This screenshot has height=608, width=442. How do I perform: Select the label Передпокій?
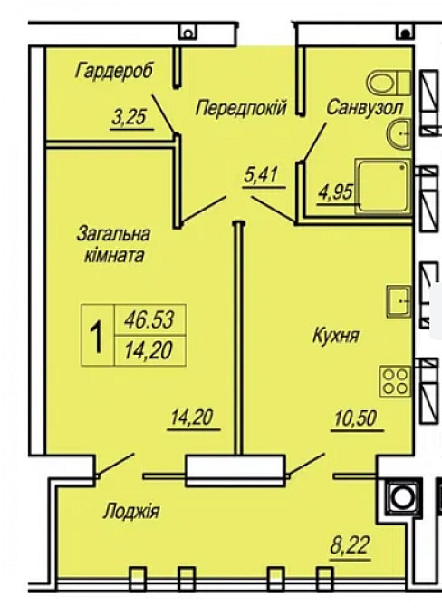[x=242, y=108]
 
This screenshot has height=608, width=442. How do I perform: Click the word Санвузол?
[x=364, y=107]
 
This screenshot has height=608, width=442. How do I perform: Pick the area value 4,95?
[x=334, y=192]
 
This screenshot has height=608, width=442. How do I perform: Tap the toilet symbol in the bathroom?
[x=391, y=83]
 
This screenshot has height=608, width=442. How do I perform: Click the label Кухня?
[x=336, y=337]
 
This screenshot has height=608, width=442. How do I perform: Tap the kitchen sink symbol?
[x=399, y=300]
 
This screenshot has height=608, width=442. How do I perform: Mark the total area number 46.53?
[x=149, y=319]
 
